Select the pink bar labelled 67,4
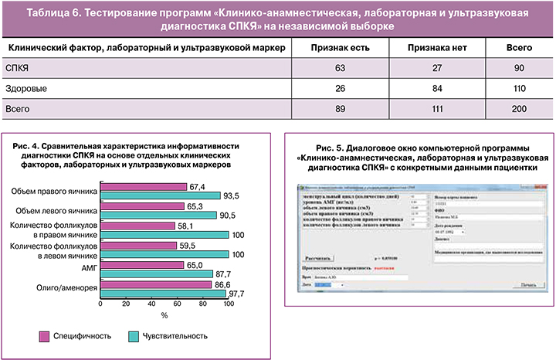click(x=144, y=186)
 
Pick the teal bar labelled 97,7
click(x=163, y=293)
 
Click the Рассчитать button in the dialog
click(x=317, y=258)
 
